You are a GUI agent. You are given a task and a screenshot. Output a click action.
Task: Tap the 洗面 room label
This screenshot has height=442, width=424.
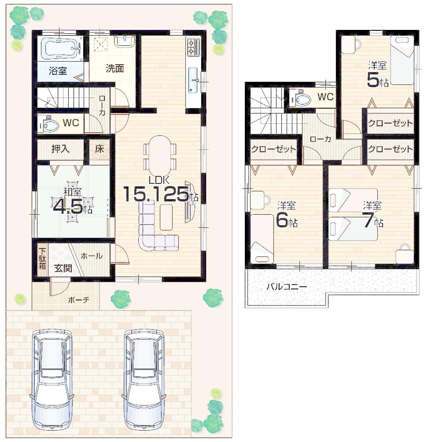click(x=114, y=68)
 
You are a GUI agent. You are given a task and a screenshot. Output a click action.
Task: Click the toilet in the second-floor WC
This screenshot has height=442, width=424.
click(x=300, y=99)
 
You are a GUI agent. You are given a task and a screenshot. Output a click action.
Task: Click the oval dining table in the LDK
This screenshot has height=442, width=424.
click(x=159, y=154)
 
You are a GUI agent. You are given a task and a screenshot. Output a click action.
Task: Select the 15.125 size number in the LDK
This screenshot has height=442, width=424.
click(x=156, y=194)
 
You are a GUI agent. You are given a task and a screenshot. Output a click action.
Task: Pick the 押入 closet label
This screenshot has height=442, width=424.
click(x=61, y=148)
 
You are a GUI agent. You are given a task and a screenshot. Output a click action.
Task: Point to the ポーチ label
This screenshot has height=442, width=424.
click(x=79, y=300)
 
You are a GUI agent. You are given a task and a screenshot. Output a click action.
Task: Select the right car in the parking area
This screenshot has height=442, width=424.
click(x=144, y=380)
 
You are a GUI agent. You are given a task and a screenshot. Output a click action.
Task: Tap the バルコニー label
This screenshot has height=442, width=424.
click(x=287, y=286)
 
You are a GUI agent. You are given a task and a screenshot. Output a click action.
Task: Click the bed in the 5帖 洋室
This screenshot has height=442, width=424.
click(x=402, y=62)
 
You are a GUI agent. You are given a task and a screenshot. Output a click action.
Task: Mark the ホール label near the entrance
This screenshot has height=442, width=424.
click(x=92, y=256)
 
